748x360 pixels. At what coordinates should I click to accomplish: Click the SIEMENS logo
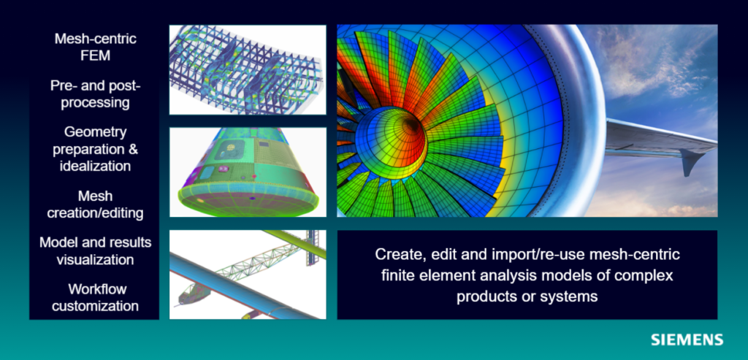[x=687, y=340]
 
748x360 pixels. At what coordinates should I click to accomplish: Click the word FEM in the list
[x=95, y=55]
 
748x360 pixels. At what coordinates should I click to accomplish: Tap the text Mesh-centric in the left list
[x=95, y=39]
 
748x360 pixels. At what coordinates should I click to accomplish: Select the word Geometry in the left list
[x=95, y=132]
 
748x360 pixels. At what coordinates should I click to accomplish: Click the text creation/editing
[x=95, y=213]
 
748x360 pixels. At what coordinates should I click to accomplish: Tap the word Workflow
[x=95, y=288]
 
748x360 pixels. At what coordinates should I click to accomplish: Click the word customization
[x=95, y=305]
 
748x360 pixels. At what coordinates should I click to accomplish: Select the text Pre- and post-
[x=95, y=85]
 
